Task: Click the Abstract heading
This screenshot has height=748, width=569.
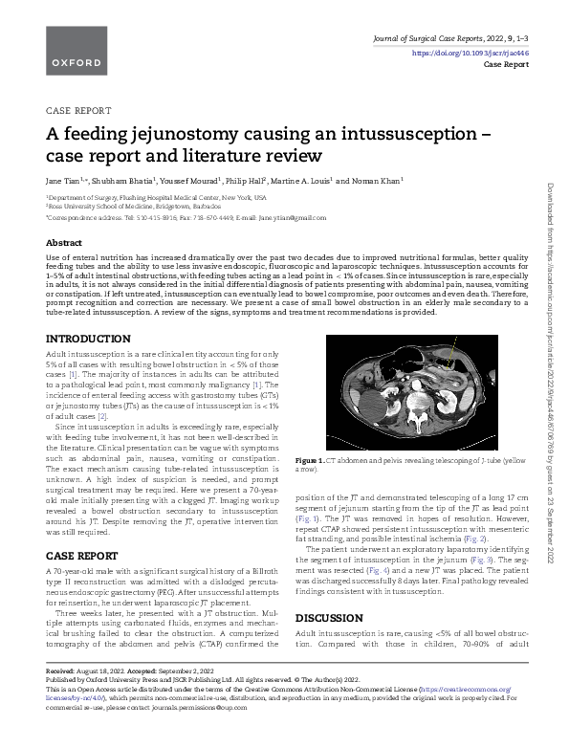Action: pos(64,243)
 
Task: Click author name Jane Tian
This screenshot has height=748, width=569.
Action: pos(64,179)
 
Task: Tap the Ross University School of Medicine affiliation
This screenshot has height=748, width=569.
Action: pos(134,205)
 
